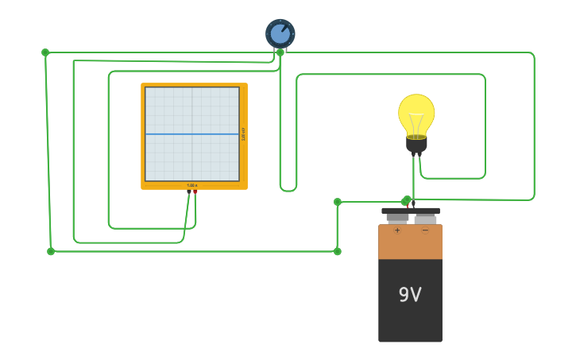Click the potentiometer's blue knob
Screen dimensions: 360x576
pos(280,34)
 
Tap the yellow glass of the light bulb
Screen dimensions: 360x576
pos(416,110)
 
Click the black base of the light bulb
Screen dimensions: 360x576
pos(416,145)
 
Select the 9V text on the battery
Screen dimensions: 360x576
pos(410,295)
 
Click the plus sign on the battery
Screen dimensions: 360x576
pos(397,230)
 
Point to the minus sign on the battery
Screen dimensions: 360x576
pos(425,230)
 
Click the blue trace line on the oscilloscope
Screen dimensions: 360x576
pos(192,134)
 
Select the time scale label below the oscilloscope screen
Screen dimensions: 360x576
pos(192,185)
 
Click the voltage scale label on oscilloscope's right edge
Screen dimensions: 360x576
pos(243,134)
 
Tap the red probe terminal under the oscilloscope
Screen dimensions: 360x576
pos(195,191)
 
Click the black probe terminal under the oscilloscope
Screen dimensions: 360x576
pos(189,191)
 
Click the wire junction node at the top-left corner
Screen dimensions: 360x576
pos(45,52)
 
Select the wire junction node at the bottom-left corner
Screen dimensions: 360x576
pos(51,251)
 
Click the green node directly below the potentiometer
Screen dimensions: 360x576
pos(280,52)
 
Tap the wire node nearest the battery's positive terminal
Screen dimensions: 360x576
pos(407,200)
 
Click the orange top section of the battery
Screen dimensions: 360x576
pos(410,242)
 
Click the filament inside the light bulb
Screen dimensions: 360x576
pos(416,123)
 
